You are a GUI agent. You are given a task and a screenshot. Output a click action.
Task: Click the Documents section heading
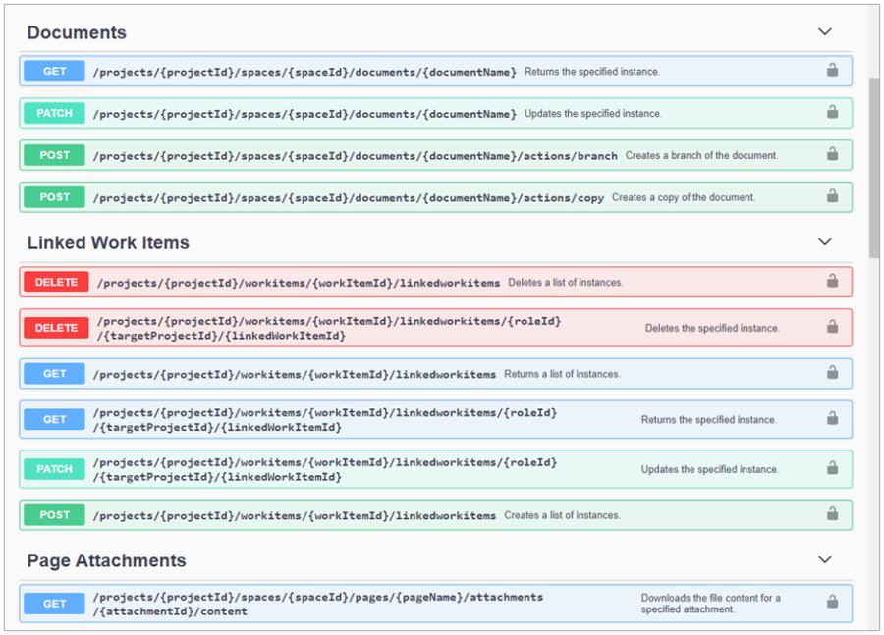(x=77, y=32)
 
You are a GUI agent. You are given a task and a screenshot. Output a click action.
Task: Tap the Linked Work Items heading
(x=108, y=242)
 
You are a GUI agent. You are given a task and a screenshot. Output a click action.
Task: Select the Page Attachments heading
(x=106, y=560)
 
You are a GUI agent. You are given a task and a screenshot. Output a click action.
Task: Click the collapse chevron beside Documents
(x=825, y=32)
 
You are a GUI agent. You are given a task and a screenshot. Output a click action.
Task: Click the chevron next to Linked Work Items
(x=825, y=242)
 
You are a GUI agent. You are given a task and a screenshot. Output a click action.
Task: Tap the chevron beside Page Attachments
(x=825, y=560)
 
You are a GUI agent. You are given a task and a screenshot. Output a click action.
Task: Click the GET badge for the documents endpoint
(x=55, y=71)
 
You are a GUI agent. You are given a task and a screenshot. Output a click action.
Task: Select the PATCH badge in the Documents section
(x=55, y=113)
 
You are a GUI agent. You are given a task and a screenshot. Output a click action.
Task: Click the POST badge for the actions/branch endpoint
(x=55, y=155)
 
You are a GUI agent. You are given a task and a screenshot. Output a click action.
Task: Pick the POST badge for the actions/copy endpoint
(x=55, y=197)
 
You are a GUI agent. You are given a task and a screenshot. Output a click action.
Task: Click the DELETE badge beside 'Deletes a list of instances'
(x=56, y=282)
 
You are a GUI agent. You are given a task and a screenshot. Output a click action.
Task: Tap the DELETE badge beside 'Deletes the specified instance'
(x=56, y=328)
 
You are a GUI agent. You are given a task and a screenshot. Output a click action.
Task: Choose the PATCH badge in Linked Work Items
(x=55, y=469)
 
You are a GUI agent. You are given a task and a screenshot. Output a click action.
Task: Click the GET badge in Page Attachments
(x=55, y=604)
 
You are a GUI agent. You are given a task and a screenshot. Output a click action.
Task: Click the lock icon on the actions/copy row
(x=832, y=196)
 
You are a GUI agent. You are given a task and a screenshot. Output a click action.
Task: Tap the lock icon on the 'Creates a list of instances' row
(x=832, y=514)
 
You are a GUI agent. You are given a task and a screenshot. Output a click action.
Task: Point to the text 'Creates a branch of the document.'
(x=701, y=155)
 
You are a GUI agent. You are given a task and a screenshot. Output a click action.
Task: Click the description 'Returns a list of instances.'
(x=562, y=374)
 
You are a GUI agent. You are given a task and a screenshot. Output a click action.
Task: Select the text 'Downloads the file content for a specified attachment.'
(x=711, y=604)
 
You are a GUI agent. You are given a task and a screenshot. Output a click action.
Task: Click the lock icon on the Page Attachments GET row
(x=832, y=602)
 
